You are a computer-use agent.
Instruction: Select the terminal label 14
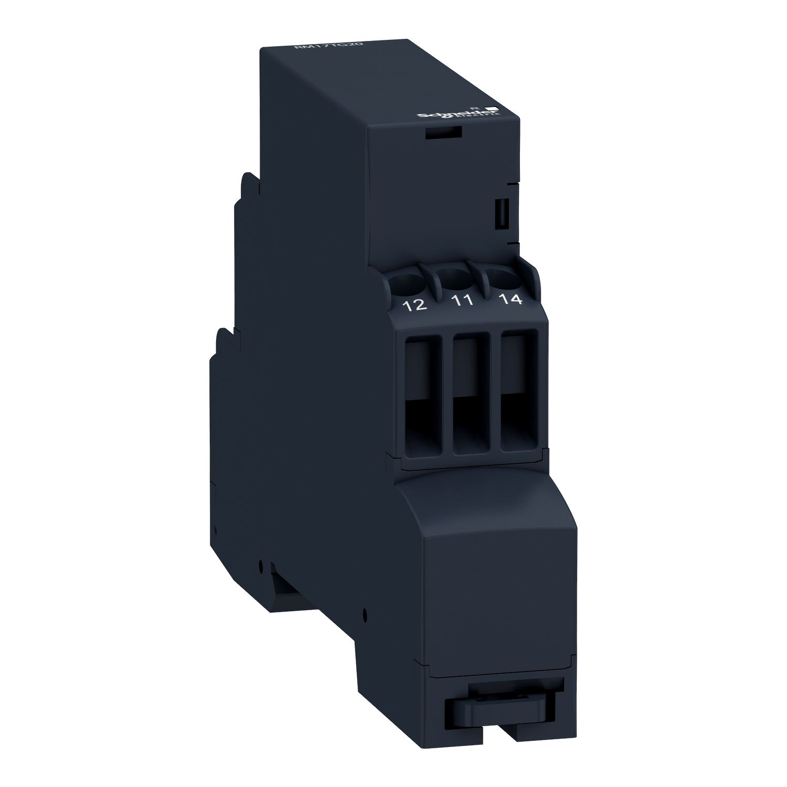(x=509, y=299)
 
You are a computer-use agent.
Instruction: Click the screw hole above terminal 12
(x=410, y=282)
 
